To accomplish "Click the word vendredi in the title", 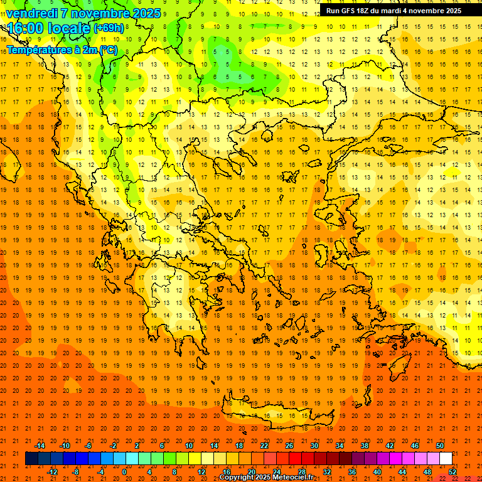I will click(32, 13).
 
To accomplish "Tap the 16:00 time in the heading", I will click(25, 28).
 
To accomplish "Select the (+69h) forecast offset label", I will click(109, 28).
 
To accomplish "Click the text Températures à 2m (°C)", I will click(62, 50).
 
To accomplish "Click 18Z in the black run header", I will click(363, 11).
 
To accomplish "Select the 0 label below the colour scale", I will click(124, 472).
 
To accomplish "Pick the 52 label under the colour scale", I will click(453, 472).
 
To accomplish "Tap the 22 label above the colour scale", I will click(264, 446).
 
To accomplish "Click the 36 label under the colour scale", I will click(352, 472).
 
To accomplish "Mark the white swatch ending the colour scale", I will click(446, 459).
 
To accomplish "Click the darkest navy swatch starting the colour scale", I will click(32, 459).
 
